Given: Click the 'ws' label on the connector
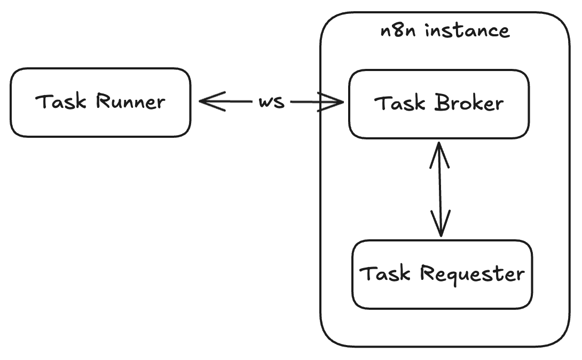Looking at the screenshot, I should (x=271, y=101).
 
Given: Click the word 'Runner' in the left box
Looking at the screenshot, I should (x=130, y=101).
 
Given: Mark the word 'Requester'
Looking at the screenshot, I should (x=472, y=273).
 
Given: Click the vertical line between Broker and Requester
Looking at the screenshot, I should (x=439, y=190).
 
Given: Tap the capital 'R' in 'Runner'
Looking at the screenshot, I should (x=103, y=101).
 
